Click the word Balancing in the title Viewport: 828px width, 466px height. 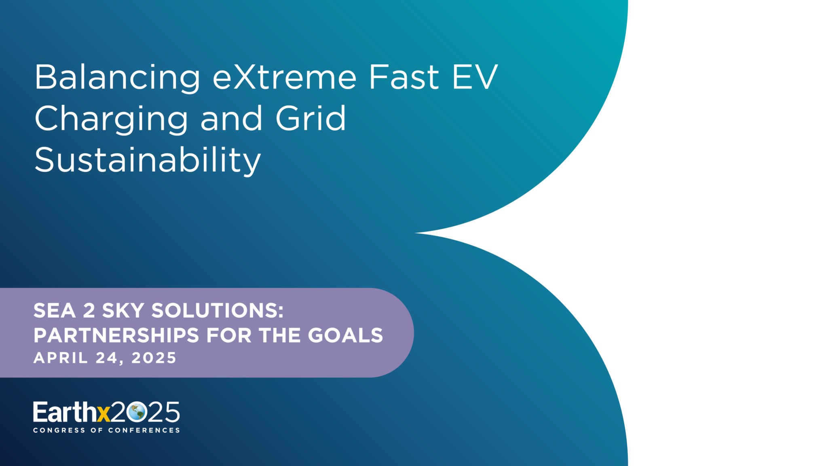pos(117,78)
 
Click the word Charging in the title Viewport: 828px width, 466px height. pos(111,119)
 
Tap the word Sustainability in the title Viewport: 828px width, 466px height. pos(148,161)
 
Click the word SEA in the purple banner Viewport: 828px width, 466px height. pos(55,311)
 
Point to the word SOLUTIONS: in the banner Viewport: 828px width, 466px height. pos(218,311)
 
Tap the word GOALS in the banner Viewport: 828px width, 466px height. pos(345,335)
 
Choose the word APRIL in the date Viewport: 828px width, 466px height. pos(61,358)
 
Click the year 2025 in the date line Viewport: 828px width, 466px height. pos(154,358)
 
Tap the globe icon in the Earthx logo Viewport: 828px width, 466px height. pos(136,412)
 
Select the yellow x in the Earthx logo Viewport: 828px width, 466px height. pos(103,414)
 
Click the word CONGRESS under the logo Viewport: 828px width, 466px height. pos(59,430)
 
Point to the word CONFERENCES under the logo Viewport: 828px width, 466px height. pos(144,430)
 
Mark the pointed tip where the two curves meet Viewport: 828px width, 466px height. pos(415,233)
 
